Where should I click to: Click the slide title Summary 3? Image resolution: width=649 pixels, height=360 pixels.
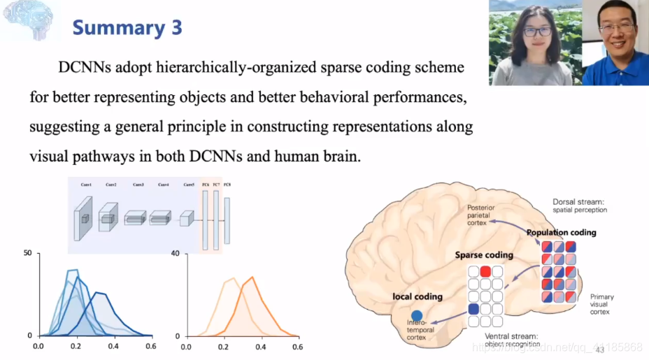[x=127, y=28]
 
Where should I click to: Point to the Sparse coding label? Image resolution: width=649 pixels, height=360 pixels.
[x=484, y=255]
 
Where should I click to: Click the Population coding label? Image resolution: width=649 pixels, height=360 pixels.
[x=561, y=233]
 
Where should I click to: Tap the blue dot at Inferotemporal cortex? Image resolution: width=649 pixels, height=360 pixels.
[x=417, y=316]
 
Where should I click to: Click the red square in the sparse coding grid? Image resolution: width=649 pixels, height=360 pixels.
[x=485, y=271]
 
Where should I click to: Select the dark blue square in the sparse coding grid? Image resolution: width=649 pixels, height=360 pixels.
[x=473, y=308]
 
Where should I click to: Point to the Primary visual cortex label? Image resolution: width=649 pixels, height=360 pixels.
[x=601, y=304]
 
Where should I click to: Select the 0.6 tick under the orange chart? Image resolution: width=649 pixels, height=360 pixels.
[x=297, y=346]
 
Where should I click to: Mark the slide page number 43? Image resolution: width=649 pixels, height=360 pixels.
[x=599, y=350]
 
